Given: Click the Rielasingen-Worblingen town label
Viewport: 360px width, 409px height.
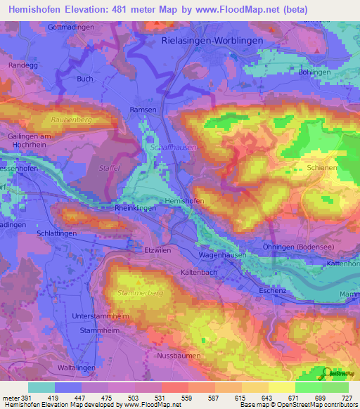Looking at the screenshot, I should point(212,41).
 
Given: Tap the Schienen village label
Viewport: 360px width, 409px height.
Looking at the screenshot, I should point(322,169).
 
